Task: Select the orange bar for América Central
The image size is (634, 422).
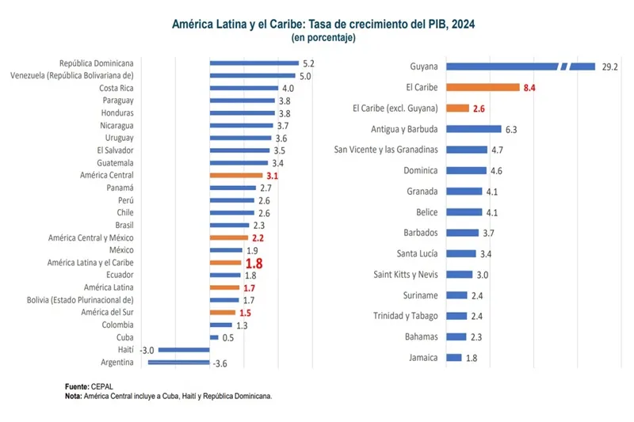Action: coord(235,175)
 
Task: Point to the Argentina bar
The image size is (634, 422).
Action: coord(178,362)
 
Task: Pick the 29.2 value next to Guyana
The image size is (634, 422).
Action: coord(609,67)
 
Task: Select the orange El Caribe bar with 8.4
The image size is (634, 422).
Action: coord(483,87)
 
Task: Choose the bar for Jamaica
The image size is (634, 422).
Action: coord(453,358)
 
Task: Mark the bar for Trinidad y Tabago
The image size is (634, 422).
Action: coord(456,316)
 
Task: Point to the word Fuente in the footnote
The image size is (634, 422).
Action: coord(77,386)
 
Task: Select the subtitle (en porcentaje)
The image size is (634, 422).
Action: coord(323,37)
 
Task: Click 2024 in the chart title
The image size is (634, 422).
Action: coord(464,25)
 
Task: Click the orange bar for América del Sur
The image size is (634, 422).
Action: coord(223,312)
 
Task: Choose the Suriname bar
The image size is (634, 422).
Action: coord(456,295)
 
